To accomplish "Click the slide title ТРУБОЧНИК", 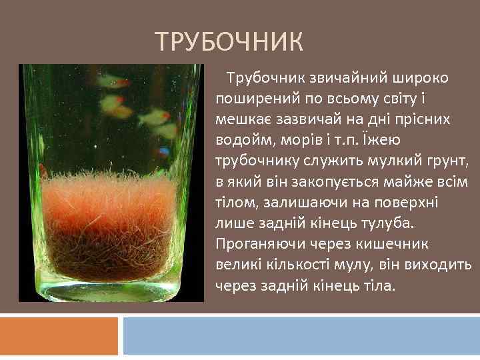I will [x=229, y=43].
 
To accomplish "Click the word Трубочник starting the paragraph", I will [x=261, y=78].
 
